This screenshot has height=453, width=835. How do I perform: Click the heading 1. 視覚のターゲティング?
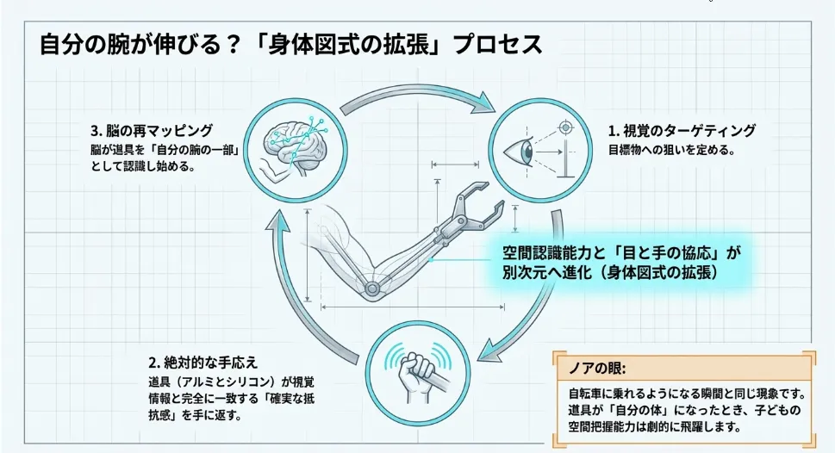pos(682,131)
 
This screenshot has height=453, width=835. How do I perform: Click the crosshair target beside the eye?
pos(566,128)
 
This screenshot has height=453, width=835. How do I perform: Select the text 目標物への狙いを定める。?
pos(671,150)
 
